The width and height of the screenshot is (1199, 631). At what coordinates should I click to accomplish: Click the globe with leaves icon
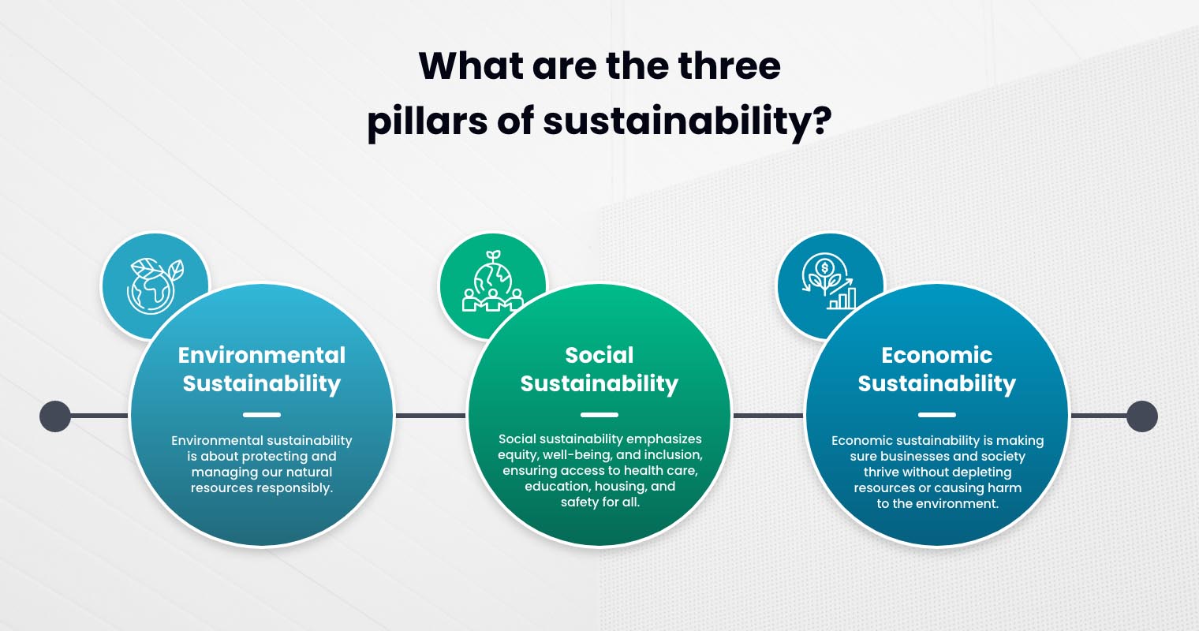155,285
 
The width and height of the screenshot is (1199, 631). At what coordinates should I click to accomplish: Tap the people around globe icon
492,283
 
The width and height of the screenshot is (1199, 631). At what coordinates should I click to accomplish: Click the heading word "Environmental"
262,355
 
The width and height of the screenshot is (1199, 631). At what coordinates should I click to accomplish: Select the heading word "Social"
599,355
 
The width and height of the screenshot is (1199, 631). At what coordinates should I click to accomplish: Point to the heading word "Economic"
936,355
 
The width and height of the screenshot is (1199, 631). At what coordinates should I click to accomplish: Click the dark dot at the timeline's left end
55,416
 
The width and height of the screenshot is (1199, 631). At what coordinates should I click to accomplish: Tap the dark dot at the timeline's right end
1141,416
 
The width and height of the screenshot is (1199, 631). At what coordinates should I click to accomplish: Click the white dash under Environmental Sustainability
262,415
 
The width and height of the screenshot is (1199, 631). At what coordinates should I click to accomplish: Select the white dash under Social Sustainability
599,415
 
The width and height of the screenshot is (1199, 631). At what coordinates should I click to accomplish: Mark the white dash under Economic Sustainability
936,415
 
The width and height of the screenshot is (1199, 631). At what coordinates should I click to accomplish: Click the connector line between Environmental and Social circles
430,416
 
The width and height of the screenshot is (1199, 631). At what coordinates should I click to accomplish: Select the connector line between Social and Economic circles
768,416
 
